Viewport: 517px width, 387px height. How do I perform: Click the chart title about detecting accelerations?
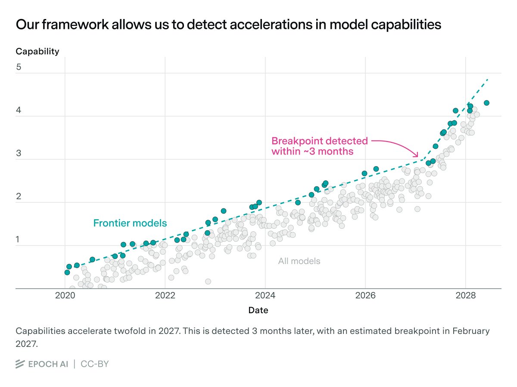click(x=228, y=25)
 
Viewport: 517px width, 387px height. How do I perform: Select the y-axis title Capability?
click(x=37, y=51)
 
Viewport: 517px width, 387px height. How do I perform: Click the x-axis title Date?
click(x=258, y=310)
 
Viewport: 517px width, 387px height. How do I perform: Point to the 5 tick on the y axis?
click(x=19, y=67)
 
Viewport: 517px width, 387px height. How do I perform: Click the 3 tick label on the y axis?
click(x=19, y=154)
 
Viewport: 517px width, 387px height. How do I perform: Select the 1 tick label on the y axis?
click(x=19, y=240)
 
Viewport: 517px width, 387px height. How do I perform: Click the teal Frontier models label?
click(x=130, y=223)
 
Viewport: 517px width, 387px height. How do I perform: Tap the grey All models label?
click(x=299, y=261)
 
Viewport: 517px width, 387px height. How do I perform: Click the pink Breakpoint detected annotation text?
click(x=319, y=146)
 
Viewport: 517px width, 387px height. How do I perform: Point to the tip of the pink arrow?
click(x=418, y=157)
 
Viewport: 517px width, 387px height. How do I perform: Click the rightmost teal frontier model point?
click(x=486, y=103)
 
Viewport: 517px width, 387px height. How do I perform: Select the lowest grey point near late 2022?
click(x=208, y=281)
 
